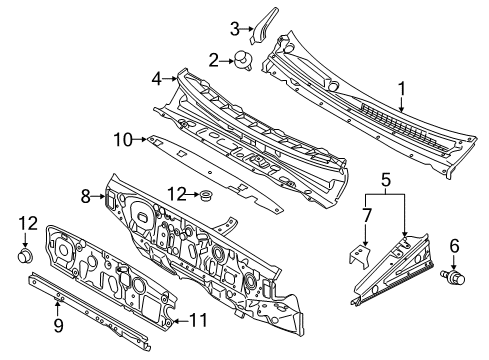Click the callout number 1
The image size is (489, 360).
402,89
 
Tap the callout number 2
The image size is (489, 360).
214,61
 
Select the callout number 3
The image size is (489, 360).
235,29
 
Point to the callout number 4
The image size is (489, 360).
157,79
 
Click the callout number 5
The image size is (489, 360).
386,180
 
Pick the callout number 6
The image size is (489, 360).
454,247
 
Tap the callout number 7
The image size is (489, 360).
366,215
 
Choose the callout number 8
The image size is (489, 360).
86,197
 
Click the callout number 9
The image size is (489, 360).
58,325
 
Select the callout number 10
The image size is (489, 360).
123,140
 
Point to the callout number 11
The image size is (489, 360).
198,321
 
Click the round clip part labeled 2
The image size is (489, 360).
242,60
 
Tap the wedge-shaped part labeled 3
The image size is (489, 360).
263,26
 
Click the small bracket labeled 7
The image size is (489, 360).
360,256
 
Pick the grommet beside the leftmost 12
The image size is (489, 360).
25,255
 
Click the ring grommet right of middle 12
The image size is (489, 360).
207,195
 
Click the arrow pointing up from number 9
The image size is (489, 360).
57,308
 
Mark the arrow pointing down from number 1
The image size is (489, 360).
402,104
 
